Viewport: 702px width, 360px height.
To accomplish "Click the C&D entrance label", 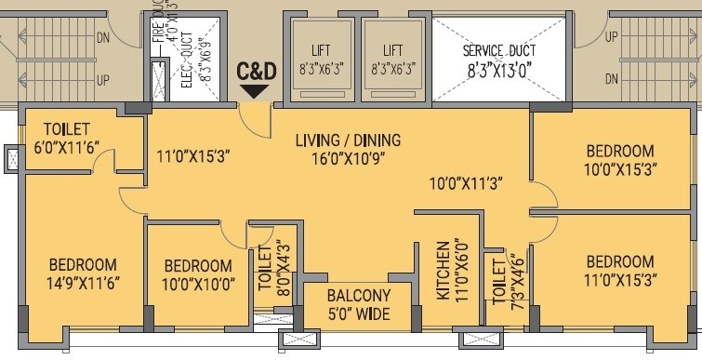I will coord(256,70).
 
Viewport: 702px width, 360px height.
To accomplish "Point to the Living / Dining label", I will coord(348,141).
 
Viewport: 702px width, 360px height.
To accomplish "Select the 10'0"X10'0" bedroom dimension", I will coord(196,282).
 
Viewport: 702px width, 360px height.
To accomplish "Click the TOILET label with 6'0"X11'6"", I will coord(57,129).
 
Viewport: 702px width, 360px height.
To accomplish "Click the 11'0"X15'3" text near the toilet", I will coord(194,158).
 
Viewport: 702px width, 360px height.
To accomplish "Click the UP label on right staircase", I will coord(612,37).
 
